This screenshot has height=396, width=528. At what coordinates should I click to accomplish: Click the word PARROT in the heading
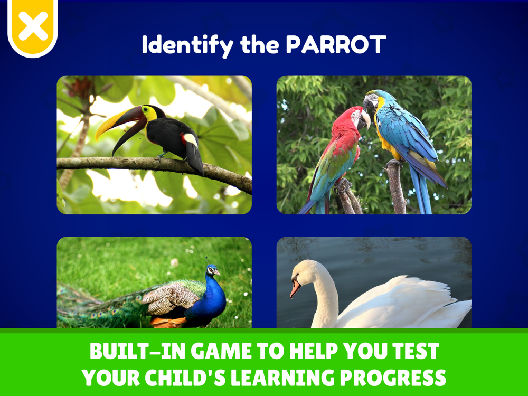tap(336, 44)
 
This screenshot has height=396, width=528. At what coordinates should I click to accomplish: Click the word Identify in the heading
tap(187, 45)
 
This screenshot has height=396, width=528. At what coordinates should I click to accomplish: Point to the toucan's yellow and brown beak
tap(121, 126)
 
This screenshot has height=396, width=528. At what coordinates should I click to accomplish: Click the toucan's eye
tap(146, 110)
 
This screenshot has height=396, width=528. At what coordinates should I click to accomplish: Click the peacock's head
tap(213, 270)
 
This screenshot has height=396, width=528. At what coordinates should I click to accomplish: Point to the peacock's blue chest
tap(211, 300)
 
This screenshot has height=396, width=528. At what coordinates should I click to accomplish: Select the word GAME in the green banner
tap(223, 351)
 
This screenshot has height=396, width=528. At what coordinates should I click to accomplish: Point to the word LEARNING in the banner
tap(282, 378)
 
